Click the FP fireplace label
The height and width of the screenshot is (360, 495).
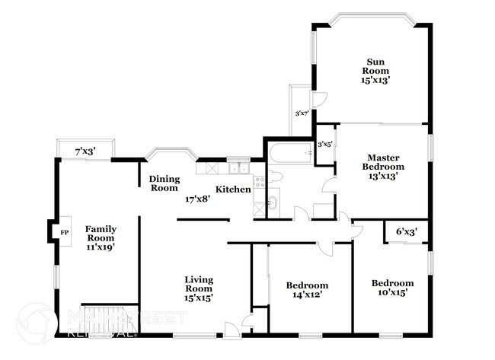[x=65, y=231]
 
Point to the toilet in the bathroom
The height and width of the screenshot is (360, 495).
[x=276, y=177]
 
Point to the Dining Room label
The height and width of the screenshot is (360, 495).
[x=164, y=183]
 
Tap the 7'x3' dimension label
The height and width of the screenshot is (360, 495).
[x=85, y=152]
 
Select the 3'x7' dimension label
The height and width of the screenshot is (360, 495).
[x=302, y=114]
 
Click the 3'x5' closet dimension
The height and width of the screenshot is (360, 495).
[x=325, y=143]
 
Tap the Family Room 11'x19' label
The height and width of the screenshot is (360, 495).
[x=100, y=237]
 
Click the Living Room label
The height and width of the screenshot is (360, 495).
[x=199, y=288]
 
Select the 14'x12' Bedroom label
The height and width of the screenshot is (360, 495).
[x=307, y=290]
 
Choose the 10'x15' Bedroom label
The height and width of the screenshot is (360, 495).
[x=392, y=288]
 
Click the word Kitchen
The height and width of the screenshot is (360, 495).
[x=233, y=189]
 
